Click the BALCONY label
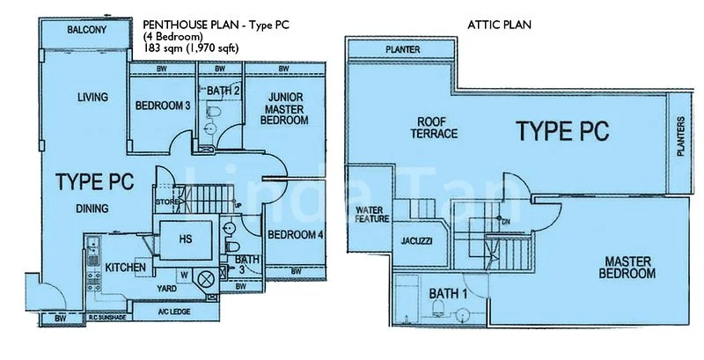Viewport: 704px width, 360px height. coord(85,31)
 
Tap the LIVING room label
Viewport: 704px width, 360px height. coord(91,97)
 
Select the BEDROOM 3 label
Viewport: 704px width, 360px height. coord(163,107)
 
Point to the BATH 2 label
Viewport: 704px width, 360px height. coord(224,90)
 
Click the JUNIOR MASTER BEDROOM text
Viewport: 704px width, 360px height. coord(288,108)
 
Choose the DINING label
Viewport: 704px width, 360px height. coord(92,209)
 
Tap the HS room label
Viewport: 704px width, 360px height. coord(185,238)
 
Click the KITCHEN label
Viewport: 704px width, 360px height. coord(125,267)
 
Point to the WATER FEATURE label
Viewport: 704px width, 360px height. coord(370,216)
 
